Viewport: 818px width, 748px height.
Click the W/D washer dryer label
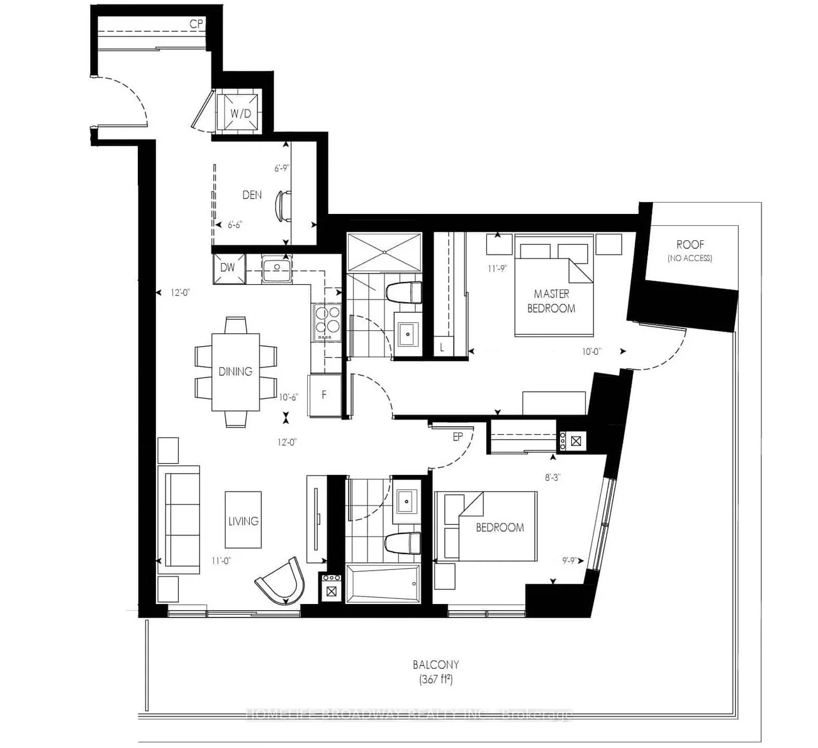pyautogui.click(x=240, y=114)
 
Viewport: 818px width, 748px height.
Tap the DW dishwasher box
pyautogui.click(x=228, y=267)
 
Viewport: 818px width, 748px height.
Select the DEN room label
pyautogui.click(x=252, y=195)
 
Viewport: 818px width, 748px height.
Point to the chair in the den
pyautogui.click(x=284, y=206)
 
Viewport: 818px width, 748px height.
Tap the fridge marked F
pyautogui.click(x=325, y=395)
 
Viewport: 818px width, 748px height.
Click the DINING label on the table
pyautogui.click(x=235, y=371)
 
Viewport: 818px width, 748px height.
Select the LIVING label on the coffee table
pyautogui.click(x=244, y=521)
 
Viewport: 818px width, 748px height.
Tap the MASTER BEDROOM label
pyautogui.click(x=551, y=301)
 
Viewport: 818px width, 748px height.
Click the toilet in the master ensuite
pyautogui.click(x=403, y=293)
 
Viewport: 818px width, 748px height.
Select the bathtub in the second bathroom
pyautogui.click(x=383, y=584)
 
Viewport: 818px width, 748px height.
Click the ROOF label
pyautogui.click(x=690, y=244)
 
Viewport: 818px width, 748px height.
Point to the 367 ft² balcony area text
pyautogui.click(x=435, y=679)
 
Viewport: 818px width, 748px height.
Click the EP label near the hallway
pyautogui.click(x=457, y=437)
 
